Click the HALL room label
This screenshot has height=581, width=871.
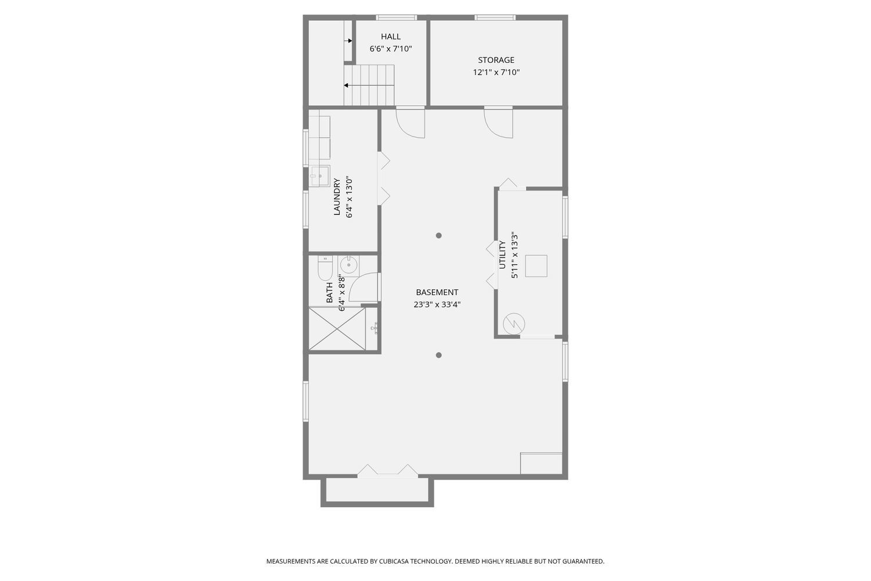(x=390, y=37)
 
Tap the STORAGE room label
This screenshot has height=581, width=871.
(x=496, y=60)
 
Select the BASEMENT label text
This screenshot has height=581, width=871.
(x=437, y=292)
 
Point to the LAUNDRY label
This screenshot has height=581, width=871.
(x=337, y=197)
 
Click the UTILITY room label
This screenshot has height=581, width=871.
(x=502, y=255)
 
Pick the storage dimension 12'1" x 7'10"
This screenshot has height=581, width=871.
(x=496, y=73)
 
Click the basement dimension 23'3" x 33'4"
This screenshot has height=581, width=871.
(x=437, y=304)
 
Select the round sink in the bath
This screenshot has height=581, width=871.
(x=349, y=265)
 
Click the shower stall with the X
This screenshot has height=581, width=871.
(x=337, y=329)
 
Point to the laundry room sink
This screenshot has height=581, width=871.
(x=319, y=175)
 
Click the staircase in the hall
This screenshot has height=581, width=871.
(x=369, y=85)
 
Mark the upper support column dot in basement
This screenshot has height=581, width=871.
(x=439, y=235)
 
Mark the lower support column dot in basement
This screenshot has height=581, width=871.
(x=439, y=355)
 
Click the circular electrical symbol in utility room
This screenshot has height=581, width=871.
(x=514, y=324)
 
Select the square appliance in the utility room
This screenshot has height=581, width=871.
(x=536, y=266)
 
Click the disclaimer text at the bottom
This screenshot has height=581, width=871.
(x=435, y=561)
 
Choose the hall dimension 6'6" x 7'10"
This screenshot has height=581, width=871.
(x=390, y=49)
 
